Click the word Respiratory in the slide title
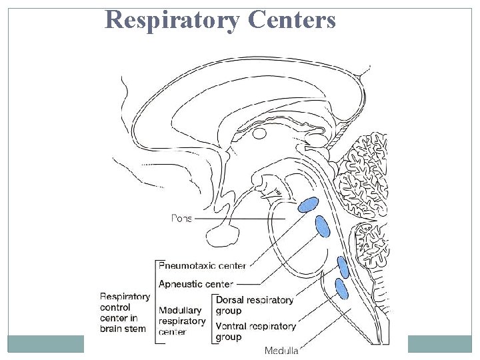click(173, 21)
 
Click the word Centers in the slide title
click(291, 21)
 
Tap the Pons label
click(181, 219)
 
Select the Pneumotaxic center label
click(202, 265)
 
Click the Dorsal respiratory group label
click(254, 305)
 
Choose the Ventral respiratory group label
click(255, 331)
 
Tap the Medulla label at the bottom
click(281, 351)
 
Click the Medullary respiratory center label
click(182, 321)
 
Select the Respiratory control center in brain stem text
click(125, 312)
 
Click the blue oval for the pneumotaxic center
click(308, 205)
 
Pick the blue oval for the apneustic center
click(323, 227)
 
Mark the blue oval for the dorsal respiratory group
click(343, 267)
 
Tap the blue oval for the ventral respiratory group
click(341, 289)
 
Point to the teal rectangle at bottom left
click(45, 343)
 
